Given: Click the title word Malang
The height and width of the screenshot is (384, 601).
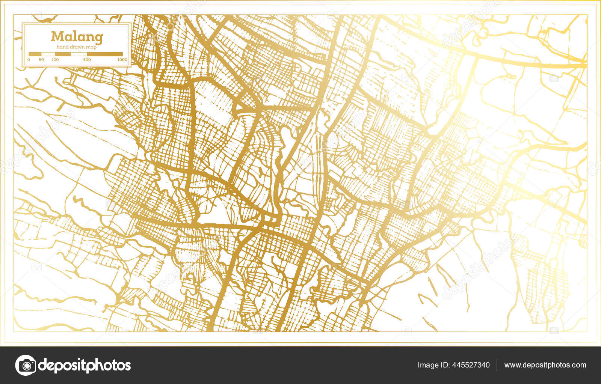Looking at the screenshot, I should pos(77,37).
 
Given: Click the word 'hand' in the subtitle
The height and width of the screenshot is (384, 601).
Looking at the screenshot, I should pos(62,47).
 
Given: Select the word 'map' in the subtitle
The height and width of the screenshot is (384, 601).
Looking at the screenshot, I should pos(91,47).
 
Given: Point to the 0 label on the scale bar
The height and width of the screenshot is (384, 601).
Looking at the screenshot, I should pos(29,60).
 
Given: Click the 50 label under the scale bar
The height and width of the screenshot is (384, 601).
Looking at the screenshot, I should pos(41,60).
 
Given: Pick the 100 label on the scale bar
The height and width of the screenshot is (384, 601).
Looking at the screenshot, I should pos(55,60).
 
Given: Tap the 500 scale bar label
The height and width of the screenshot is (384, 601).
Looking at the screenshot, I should pos(87,60).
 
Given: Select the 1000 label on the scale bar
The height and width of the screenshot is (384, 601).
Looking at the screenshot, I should pos(122,60).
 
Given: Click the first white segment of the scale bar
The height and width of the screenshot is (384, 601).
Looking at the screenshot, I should pos(48,54).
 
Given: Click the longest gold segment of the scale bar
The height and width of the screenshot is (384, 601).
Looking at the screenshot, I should pos(105,54).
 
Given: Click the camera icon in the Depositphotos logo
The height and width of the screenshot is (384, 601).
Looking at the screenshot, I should pos(26,365).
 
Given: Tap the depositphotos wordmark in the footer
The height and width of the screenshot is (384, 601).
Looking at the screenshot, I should pos(85,365).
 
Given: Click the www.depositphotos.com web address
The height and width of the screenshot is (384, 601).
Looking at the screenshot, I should pos(545,365).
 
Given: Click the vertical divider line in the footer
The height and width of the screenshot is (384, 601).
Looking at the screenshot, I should pos(497,365).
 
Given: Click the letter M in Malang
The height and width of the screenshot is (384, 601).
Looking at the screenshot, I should pos(57,36).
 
